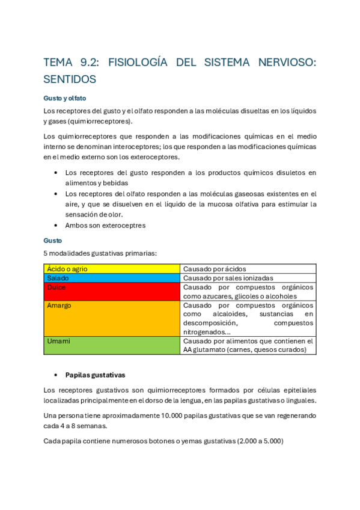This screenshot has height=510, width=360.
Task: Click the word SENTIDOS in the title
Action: pyautogui.click(x=70, y=79)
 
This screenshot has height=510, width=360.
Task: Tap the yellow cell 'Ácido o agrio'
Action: pyautogui.click(x=112, y=269)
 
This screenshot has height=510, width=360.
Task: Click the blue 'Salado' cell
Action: pyautogui.click(x=112, y=278)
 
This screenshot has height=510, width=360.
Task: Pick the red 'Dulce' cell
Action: pyautogui.click(x=112, y=292)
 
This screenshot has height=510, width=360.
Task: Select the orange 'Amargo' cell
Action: pyautogui.click(x=112, y=318)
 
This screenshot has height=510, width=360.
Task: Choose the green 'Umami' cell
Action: pyautogui.click(x=112, y=345)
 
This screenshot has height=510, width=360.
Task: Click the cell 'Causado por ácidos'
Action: pyautogui.click(x=215, y=269)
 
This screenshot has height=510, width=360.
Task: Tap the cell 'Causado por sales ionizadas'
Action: pyautogui.click(x=228, y=278)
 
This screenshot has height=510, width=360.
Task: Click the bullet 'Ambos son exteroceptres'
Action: pyautogui.click(x=105, y=226)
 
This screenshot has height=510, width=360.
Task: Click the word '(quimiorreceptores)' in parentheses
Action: pyautogui.click(x=97, y=121)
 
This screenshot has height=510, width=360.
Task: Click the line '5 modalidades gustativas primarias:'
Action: pyautogui.click(x=100, y=253)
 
